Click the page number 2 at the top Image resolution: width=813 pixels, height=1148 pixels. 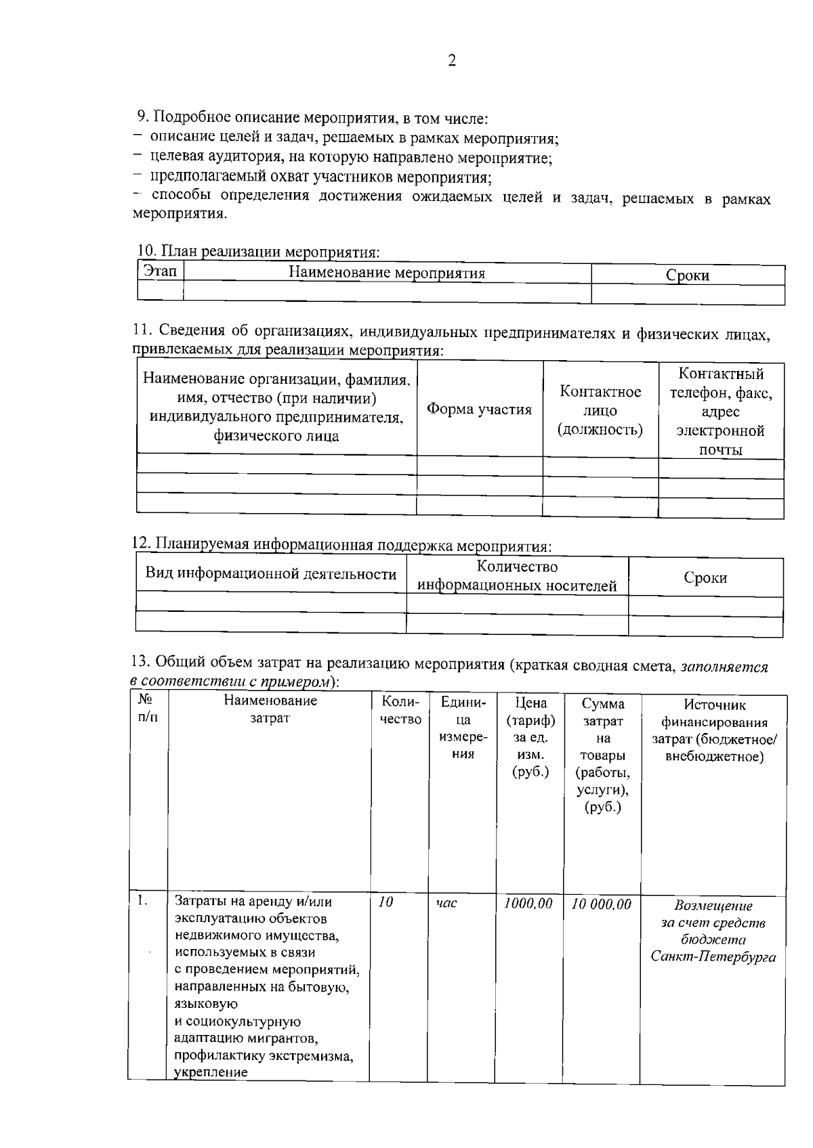coord(452,61)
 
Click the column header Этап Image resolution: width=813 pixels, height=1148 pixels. coord(161,271)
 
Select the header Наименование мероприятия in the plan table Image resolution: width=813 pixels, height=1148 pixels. coord(387,273)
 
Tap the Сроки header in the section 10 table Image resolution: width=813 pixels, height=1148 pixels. coord(687,275)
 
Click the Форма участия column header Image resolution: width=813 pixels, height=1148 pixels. coord(479,410)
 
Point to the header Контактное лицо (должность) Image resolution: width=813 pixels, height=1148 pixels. coord(600,410)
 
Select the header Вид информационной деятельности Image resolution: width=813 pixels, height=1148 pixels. coord(271,574)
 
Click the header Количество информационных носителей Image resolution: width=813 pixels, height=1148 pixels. coord(517,576)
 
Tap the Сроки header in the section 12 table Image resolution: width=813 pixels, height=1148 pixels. coord(705,577)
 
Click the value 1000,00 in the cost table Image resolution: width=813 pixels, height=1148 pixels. coord(528,904)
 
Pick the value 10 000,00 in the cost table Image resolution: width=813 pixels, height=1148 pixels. coord(602,904)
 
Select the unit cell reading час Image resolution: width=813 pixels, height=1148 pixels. coord(446,903)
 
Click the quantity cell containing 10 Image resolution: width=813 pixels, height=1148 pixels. coord(385,902)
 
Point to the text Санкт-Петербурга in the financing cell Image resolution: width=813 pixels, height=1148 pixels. coord(713,957)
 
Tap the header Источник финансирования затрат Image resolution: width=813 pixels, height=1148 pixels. coord(714,730)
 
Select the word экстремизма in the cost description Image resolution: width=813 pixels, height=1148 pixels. coord(314,1056)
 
